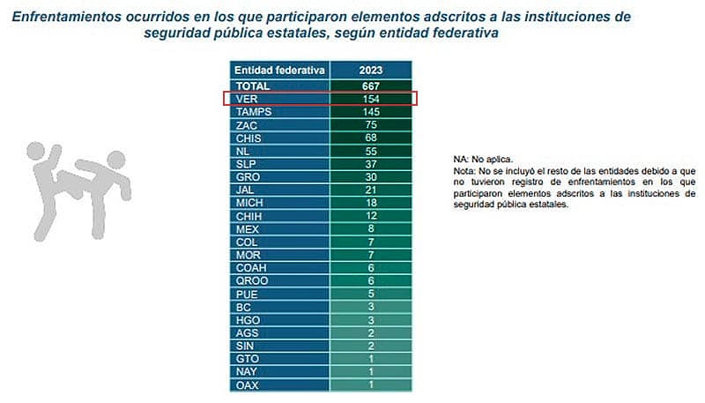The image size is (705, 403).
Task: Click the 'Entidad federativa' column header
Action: point(279,70)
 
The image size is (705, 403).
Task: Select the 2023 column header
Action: point(370,70)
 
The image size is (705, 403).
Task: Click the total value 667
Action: point(370,86)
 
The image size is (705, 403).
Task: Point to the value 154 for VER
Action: point(370,99)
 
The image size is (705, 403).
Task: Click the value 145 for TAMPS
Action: point(370,112)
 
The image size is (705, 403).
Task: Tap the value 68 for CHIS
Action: point(370,138)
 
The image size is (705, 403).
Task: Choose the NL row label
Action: point(242,151)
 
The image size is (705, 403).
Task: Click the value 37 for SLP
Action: point(370,164)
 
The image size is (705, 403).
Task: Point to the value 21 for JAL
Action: point(370,190)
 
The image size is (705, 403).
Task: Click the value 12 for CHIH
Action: point(370,216)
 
